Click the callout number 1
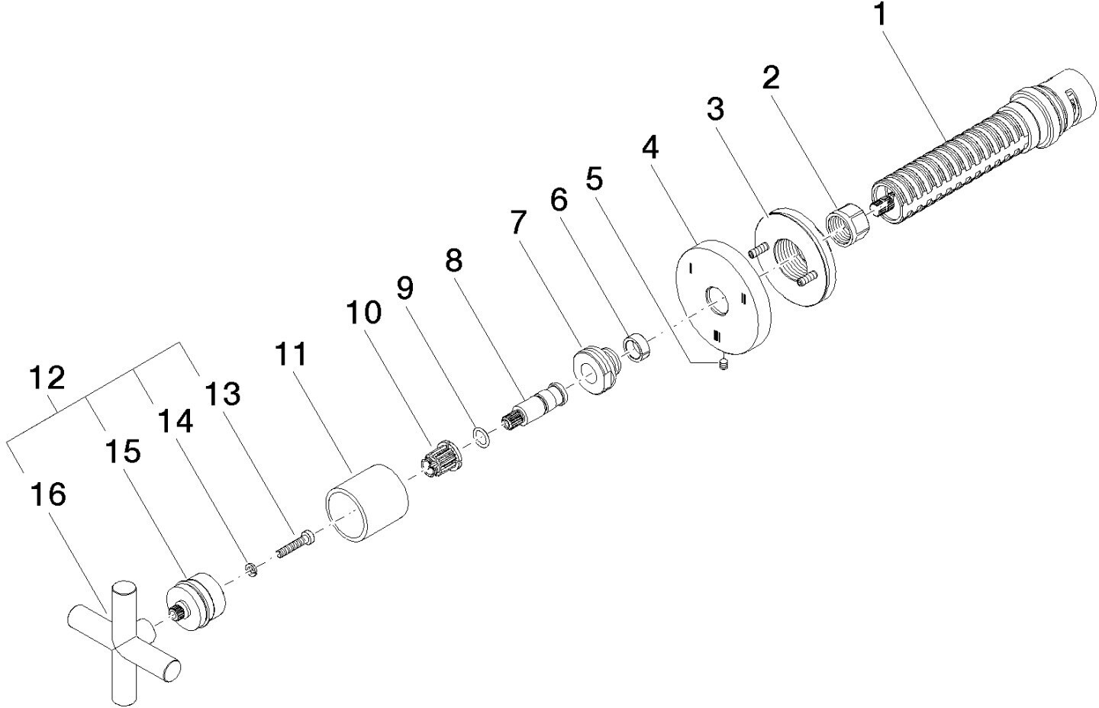click(881, 14)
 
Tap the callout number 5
click(594, 179)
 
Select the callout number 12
click(47, 378)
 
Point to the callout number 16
click(47, 494)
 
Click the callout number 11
click(291, 354)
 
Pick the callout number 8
click(454, 260)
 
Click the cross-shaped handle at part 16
click(124, 642)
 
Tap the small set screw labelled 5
click(723, 364)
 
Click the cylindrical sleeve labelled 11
click(367, 503)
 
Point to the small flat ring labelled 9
click(482, 437)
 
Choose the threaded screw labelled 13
click(296, 544)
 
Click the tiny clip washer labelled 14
click(251, 569)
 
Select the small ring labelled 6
click(637, 347)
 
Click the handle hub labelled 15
click(195, 601)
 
